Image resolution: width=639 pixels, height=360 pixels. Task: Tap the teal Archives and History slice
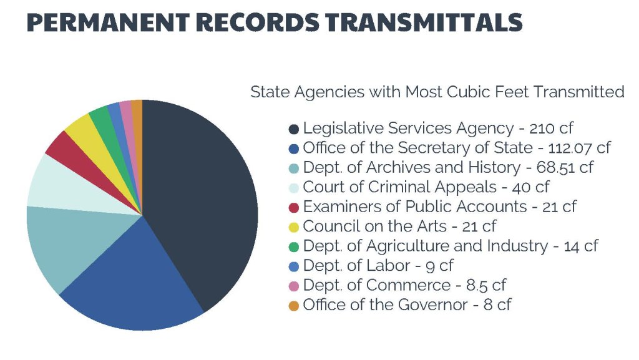tap(69, 243)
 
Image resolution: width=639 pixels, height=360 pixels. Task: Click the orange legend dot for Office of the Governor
tap(294, 306)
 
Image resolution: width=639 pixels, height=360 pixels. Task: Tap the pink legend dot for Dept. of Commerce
tap(294, 286)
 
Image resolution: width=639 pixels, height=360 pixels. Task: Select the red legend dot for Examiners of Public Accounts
tap(294, 207)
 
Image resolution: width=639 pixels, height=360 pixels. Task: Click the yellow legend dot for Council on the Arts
tap(294, 227)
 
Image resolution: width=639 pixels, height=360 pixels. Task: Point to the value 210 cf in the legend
tap(550, 129)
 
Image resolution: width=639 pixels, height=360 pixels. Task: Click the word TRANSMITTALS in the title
tap(422, 22)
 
